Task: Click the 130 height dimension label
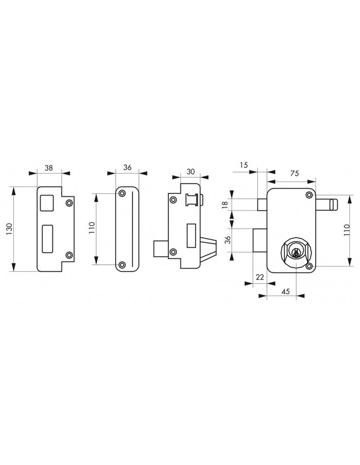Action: pos(9,229)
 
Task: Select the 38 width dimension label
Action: pos(49,168)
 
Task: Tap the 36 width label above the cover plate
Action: pos(128,168)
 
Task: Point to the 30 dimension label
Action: pos(190,172)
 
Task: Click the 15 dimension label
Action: pos(244,165)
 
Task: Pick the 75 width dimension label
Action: pos(294,173)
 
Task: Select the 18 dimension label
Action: pos(225,204)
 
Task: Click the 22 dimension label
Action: pos(260,277)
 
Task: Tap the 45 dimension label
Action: pos(285,291)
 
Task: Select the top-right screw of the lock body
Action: pos(309,195)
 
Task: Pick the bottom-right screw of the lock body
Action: pos(309,266)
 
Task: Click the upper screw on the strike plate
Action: pos(69,203)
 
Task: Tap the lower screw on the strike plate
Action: pos(69,255)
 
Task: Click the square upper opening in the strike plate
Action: pos(47,203)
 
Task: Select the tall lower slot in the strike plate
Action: pos(47,239)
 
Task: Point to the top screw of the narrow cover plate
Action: pos(122,194)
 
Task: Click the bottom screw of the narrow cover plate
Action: pos(122,265)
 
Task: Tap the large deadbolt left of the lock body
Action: pos(260,240)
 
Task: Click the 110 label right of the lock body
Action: pos(347,230)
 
